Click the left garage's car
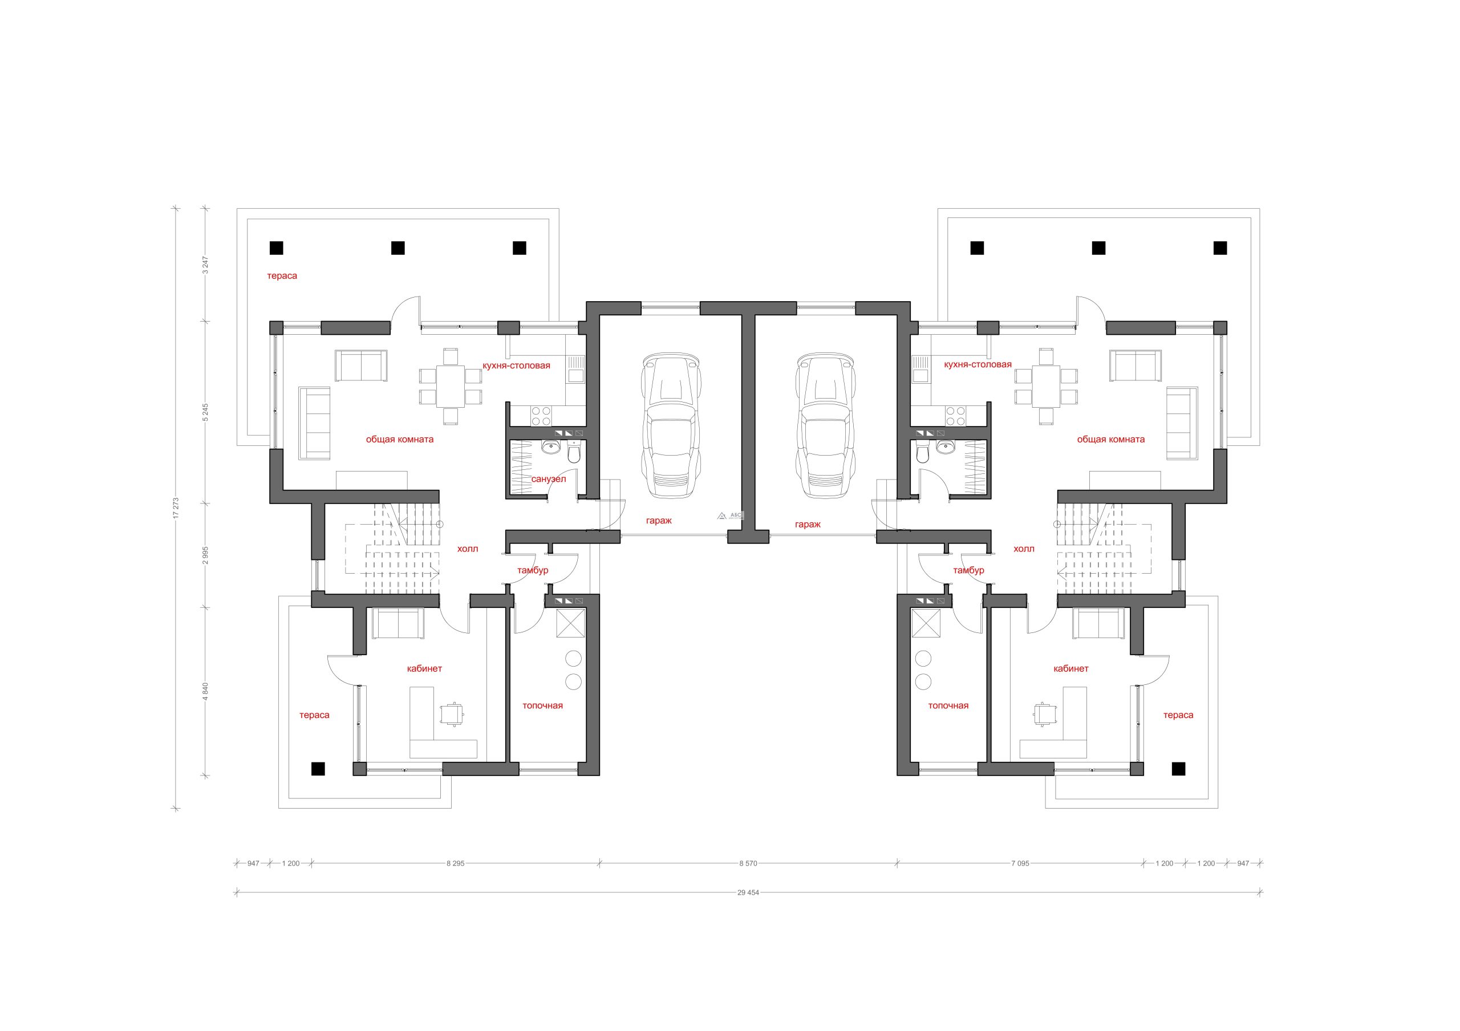(672, 426)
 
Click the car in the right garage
(826, 426)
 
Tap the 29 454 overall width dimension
(748, 892)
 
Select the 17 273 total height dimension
(176, 508)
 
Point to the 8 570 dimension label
(748, 863)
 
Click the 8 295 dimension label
(455, 863)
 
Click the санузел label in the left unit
(548, 478)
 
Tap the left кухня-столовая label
(516, 366)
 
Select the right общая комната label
(1111, 439)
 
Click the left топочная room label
(542, 705)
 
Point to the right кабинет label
(1071, 669)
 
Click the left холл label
(468, 549)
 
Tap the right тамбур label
(968, 570)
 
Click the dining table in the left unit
(450, 386)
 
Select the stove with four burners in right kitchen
(955, 416)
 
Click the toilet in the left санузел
(574, 453)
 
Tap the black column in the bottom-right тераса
(1178, 769)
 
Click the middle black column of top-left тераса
(398, 248)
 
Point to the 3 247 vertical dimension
(205, 265)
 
